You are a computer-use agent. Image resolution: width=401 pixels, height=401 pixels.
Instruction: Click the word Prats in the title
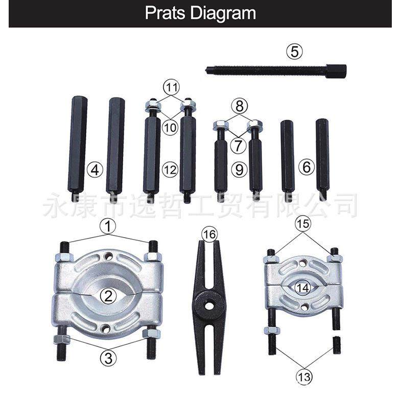[x=166, y=13]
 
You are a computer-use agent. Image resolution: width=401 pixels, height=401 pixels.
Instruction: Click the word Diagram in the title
[x=223, y=13]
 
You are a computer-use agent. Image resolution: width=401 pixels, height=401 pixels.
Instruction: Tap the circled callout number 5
[x=294, y=52]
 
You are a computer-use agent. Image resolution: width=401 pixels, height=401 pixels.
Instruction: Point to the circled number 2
[x=108, y=295]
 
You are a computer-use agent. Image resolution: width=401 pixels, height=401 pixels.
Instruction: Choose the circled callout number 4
[x=94, y=169]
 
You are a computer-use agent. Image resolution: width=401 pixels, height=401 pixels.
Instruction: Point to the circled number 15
[x=303, y=224]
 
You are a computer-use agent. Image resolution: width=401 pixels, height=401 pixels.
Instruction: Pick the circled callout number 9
[x=239, y=169]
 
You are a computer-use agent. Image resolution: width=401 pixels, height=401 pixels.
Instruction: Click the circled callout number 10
[x=172, y=126]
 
